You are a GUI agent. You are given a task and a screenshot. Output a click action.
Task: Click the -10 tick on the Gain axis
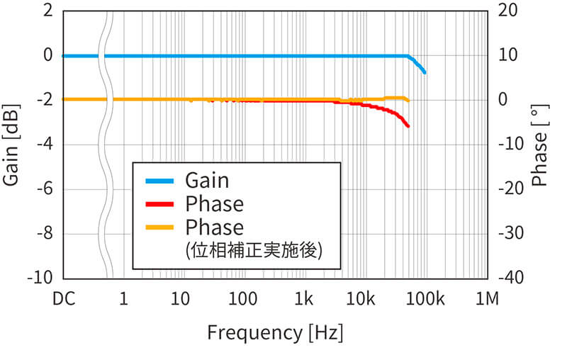(x=40, y=278)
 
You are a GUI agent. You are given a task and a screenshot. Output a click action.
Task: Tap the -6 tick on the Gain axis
(x=44, y=189)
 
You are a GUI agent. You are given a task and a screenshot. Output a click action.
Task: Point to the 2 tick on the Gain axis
(x=48, y=11)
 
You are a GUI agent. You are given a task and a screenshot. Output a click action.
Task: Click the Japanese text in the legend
(x=254, y=250)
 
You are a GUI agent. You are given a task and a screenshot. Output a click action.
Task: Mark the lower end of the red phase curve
(x=408, y=126)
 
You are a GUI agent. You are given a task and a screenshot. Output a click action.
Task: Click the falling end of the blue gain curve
(x=424, y=72)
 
